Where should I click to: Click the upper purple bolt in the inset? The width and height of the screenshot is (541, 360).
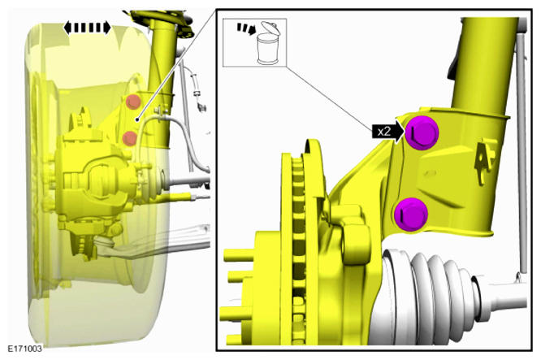422,133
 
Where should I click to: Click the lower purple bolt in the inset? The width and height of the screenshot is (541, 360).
411,215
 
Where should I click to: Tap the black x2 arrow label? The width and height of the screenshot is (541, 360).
387,132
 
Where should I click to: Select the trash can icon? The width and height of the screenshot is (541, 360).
268,43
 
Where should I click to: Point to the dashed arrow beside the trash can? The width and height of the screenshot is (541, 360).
246,28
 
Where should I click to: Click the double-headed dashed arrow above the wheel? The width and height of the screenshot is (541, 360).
87,28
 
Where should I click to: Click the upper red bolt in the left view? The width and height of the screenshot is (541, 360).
133,102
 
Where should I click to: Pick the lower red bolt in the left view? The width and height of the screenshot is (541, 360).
130,138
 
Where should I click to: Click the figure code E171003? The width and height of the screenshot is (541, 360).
25,349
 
